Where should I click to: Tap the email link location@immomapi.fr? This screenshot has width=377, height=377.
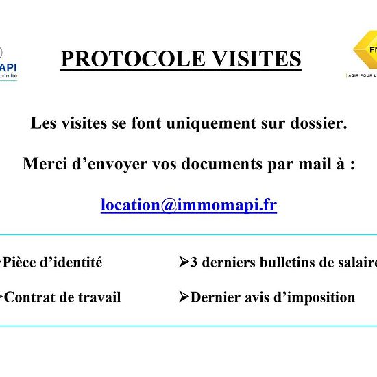pyautogui.click(x=188, y=205)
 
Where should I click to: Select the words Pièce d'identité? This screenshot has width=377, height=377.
pyautogui.click(x=53, y=263)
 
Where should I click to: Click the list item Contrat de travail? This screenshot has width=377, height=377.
pyautogui.click(x=62, y=297)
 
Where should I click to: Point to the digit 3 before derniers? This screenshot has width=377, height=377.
pyautogui.click(x=194, y=263)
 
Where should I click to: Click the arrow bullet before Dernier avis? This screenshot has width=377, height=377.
pyautogui.click(x=183, y=297)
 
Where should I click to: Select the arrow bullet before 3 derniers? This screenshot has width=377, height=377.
pyautogui.click(x=183, y=262)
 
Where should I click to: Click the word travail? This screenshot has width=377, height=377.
pyautogui.click(x=99, y=297)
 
